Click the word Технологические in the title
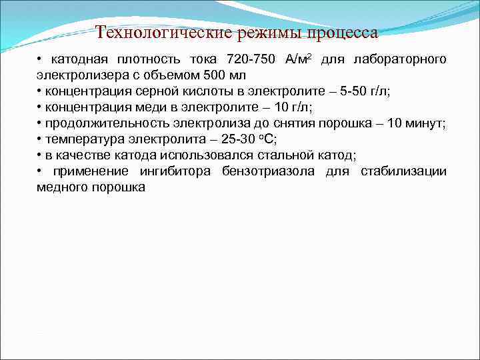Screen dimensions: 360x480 [163, 32]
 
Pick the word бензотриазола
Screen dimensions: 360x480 [269, 171]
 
